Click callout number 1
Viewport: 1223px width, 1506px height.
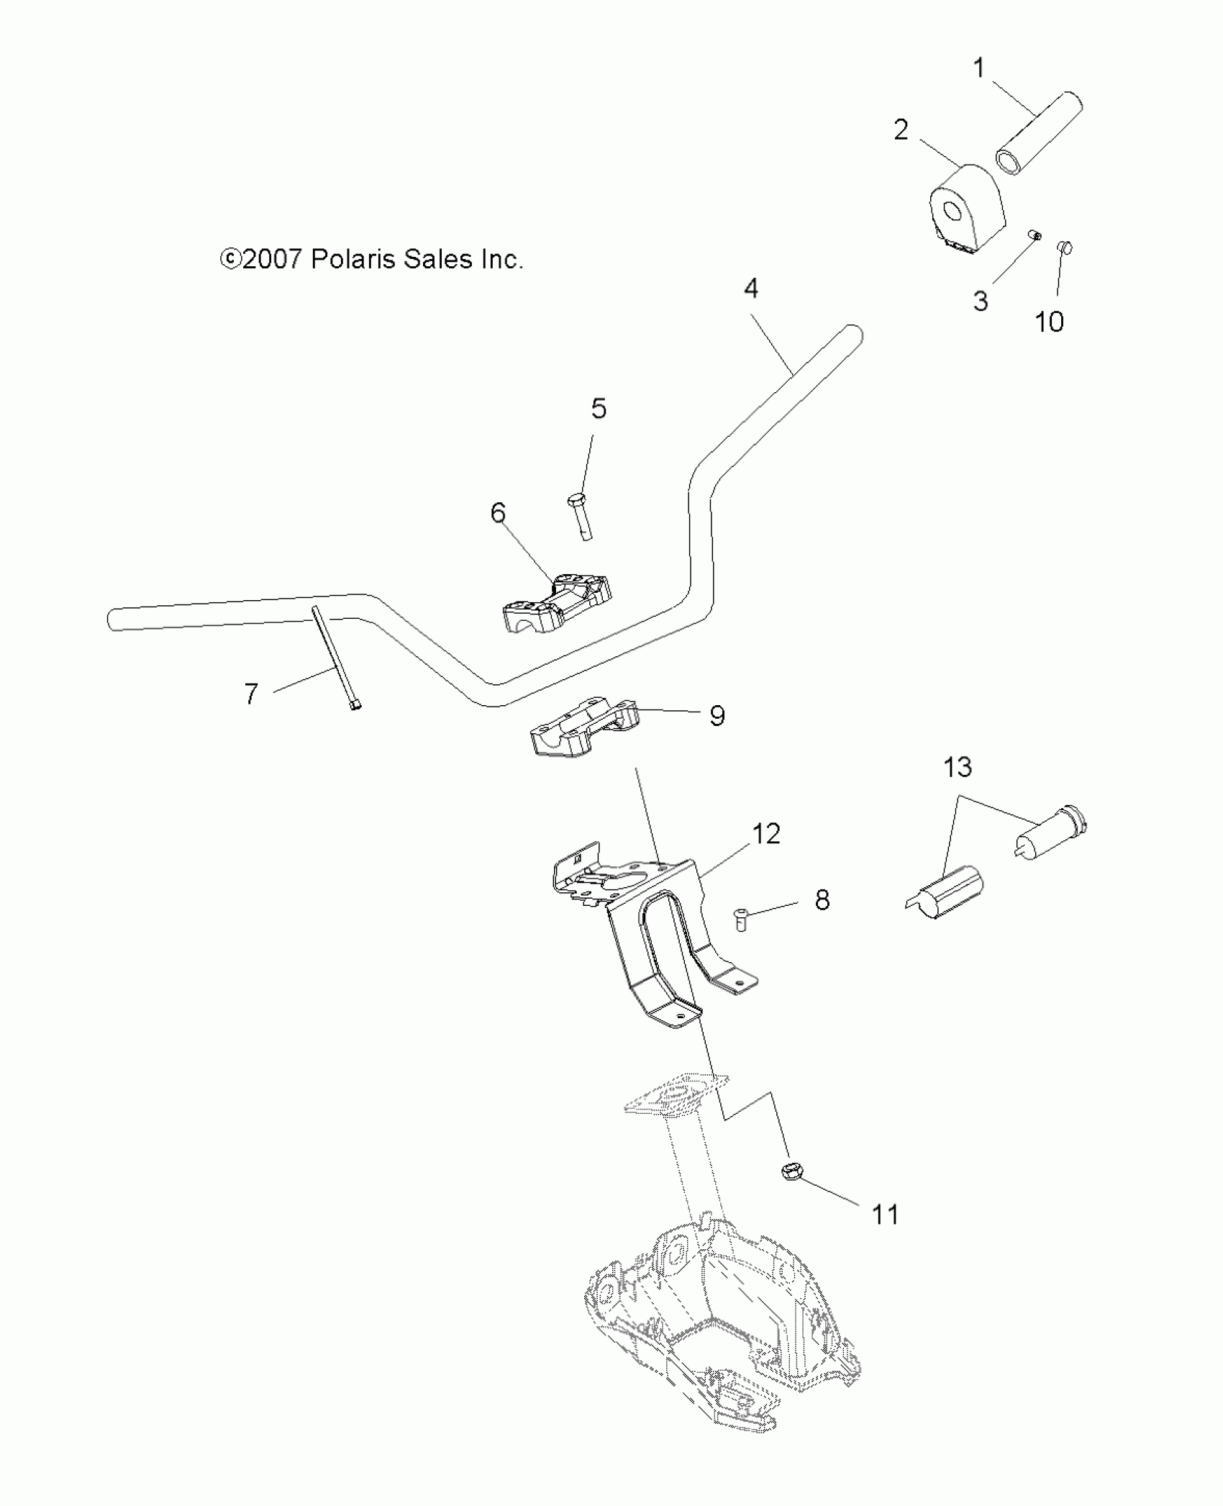point(978,68)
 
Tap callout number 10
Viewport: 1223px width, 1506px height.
point(1049,322)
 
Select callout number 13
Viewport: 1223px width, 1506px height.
point(958,767)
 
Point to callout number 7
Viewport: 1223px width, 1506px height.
point(250,694)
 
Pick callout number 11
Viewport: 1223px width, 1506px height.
point(885,1215)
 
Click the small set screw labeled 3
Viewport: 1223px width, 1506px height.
point(1032,236)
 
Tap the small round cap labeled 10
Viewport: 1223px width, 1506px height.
point(1065,248)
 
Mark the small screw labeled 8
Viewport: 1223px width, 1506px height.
point(740,919)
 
